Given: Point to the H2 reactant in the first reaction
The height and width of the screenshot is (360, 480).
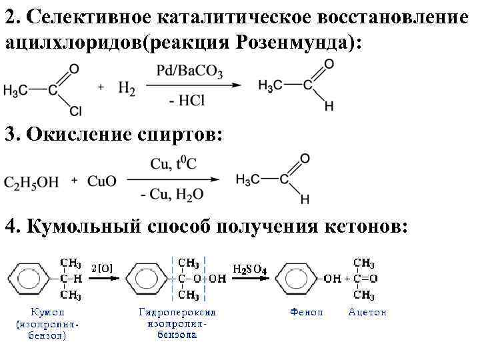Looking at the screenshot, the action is click(126, 88).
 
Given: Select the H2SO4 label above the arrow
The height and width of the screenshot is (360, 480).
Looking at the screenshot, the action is click(251, 269).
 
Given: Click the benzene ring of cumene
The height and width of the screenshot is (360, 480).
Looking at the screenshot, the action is click(31, 278).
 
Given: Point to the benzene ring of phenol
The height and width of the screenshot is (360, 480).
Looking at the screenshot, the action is click(299, 278).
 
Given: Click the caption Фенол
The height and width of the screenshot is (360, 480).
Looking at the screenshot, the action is click(307, 312).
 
